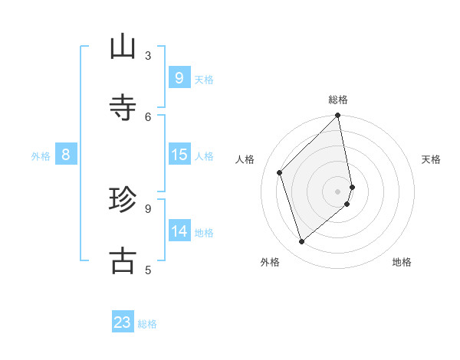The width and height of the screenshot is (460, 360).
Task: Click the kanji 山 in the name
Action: coord(123,47)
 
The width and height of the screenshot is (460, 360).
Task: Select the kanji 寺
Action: coord(123,107)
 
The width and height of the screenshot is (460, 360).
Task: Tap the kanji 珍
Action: coord(123,200)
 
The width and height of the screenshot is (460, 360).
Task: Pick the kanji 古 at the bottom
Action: coord(123,260)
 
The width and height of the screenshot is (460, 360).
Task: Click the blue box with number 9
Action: coord(179,78)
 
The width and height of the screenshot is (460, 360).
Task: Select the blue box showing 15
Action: coord(179,155)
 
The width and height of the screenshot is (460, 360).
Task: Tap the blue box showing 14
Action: coord(179,232)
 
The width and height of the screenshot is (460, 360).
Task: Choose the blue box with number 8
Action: coord(66,155)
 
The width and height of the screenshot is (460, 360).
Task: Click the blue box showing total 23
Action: coord(123,322)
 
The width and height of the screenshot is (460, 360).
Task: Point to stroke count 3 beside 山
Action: coord(148,56)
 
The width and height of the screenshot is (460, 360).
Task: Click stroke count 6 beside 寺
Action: coord(148,116)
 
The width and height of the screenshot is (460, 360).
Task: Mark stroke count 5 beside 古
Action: coord(148,270)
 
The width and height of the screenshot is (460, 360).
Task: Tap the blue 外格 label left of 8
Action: coord(41,156)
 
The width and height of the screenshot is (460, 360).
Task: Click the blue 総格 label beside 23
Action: coord(147,324)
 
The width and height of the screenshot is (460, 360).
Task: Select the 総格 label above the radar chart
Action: coord(338,100)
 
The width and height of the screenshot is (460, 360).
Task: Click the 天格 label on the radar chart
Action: coord(432,159)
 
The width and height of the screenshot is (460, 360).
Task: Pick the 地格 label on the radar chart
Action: coord(402,262)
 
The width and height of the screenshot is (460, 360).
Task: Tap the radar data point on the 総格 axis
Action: coord(338,116)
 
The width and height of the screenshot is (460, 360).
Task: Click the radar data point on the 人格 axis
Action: coord(280,172)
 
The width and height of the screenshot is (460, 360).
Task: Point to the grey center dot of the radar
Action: coord(338,191)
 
